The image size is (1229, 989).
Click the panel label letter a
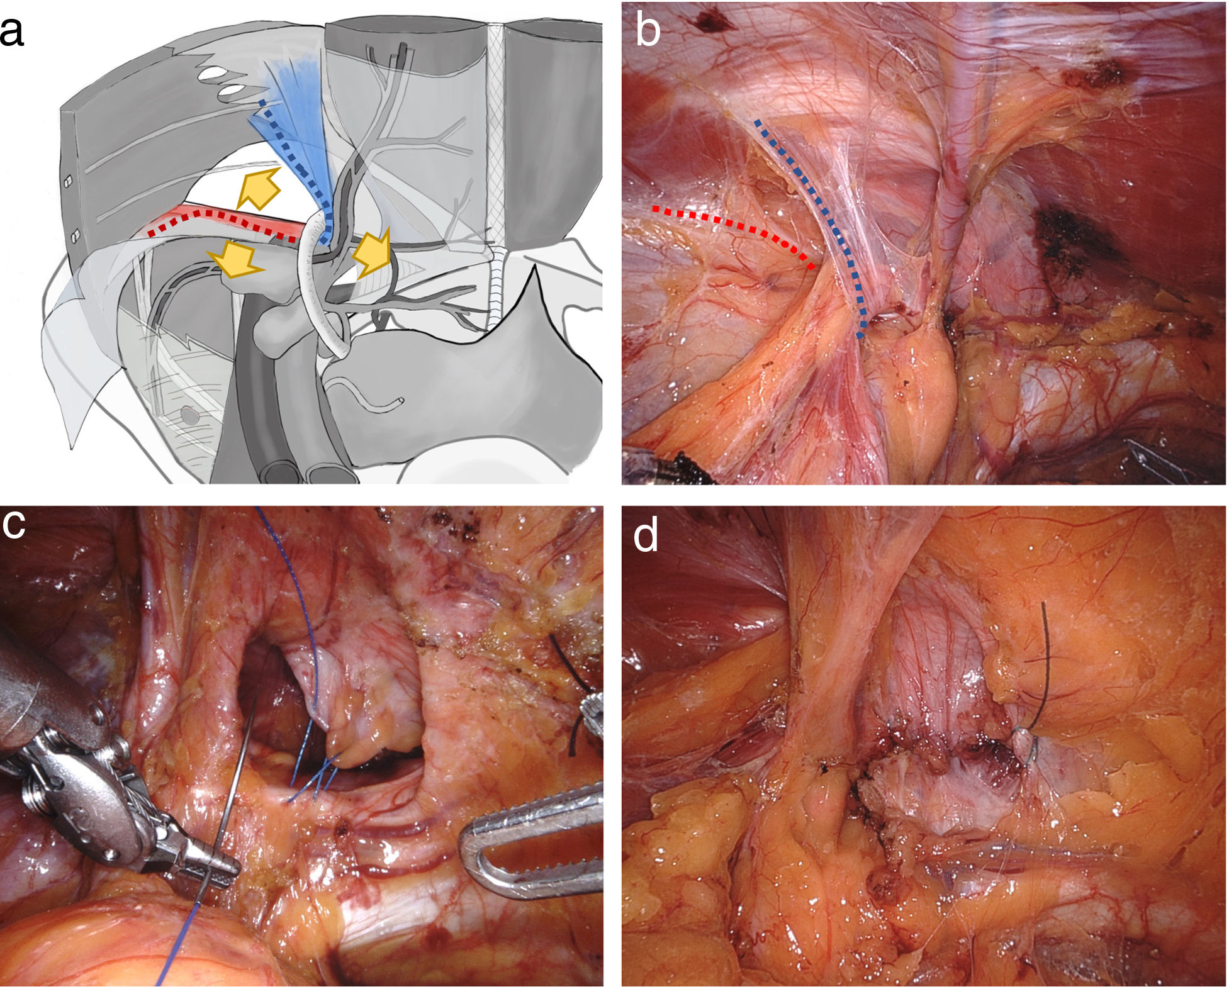click(12, 32)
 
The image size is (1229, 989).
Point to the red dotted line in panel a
click(220, 220)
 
